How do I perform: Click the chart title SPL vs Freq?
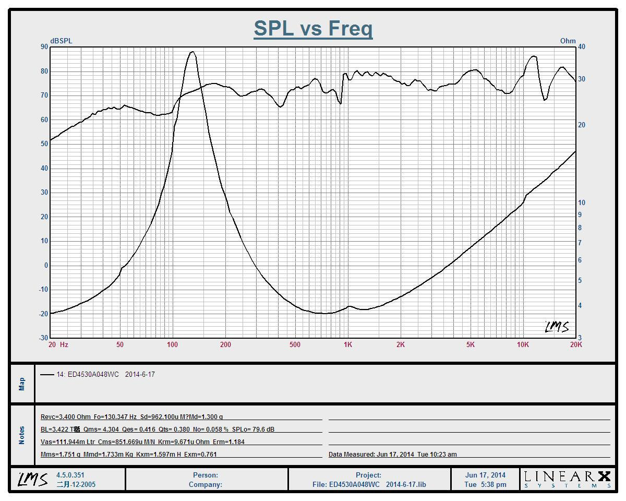[x=313, y=28]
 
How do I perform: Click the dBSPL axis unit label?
[x=61, y=41]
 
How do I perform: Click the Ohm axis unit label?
[x=568, y=41]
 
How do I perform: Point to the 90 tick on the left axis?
[x=44, y=47]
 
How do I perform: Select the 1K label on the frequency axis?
[x=348, y=344]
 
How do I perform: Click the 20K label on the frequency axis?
[x=575, y=344]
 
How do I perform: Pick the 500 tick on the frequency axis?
[x=295, y=344]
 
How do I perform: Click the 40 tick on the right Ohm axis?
[x=581, y=47]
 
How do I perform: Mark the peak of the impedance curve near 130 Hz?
[x=192, y=52]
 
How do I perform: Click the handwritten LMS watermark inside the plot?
[x=557, y=327]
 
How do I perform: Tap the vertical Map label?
[x=22, y=384]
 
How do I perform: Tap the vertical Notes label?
[x=22, y=435]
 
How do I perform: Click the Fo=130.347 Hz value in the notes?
[x=115, y=417]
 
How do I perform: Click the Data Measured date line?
[x=392, y=455]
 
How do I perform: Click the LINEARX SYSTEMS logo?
[x=567, y=479]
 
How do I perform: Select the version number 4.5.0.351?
[x=70, y=475]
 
